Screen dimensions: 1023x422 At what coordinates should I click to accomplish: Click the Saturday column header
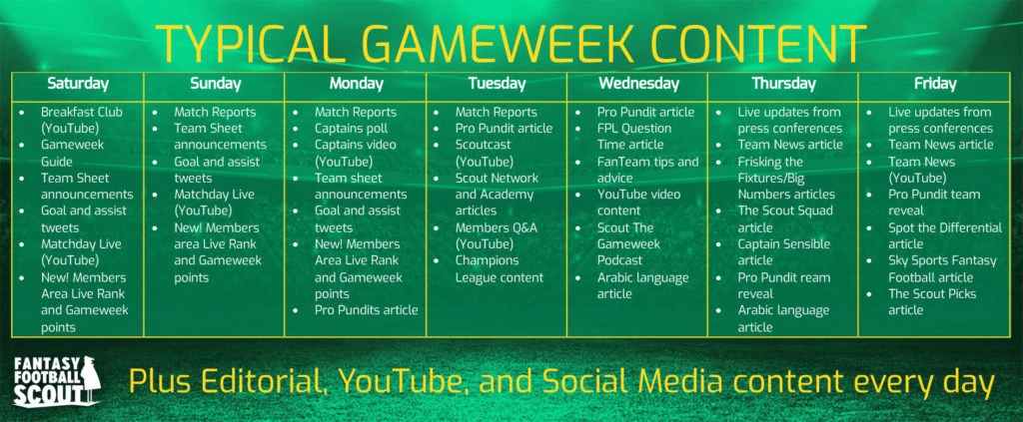tap(78, 84)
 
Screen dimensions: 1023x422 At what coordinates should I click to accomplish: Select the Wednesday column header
tap(638, 84)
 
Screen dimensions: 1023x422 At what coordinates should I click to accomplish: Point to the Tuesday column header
tap(497, 84)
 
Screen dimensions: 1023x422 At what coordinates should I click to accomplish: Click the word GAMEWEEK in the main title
tap(496, 44)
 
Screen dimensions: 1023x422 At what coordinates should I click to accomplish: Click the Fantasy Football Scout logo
tap(57, 382)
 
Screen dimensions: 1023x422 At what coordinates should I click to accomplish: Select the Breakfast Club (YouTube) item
tap(82, 120)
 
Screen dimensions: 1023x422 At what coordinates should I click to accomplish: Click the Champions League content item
tap(500, 269)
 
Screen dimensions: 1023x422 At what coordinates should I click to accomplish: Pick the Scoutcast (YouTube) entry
tap(484, 153)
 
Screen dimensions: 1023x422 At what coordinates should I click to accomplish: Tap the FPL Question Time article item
tap(634, 136)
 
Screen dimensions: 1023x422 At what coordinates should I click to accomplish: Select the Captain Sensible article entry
tap(784, 252)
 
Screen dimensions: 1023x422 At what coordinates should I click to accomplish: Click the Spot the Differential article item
tap(945, 235)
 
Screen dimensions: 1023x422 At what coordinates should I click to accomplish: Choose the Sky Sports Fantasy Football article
tap(942, 269)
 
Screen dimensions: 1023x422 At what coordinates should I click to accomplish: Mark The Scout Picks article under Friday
tap(932, 301)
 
